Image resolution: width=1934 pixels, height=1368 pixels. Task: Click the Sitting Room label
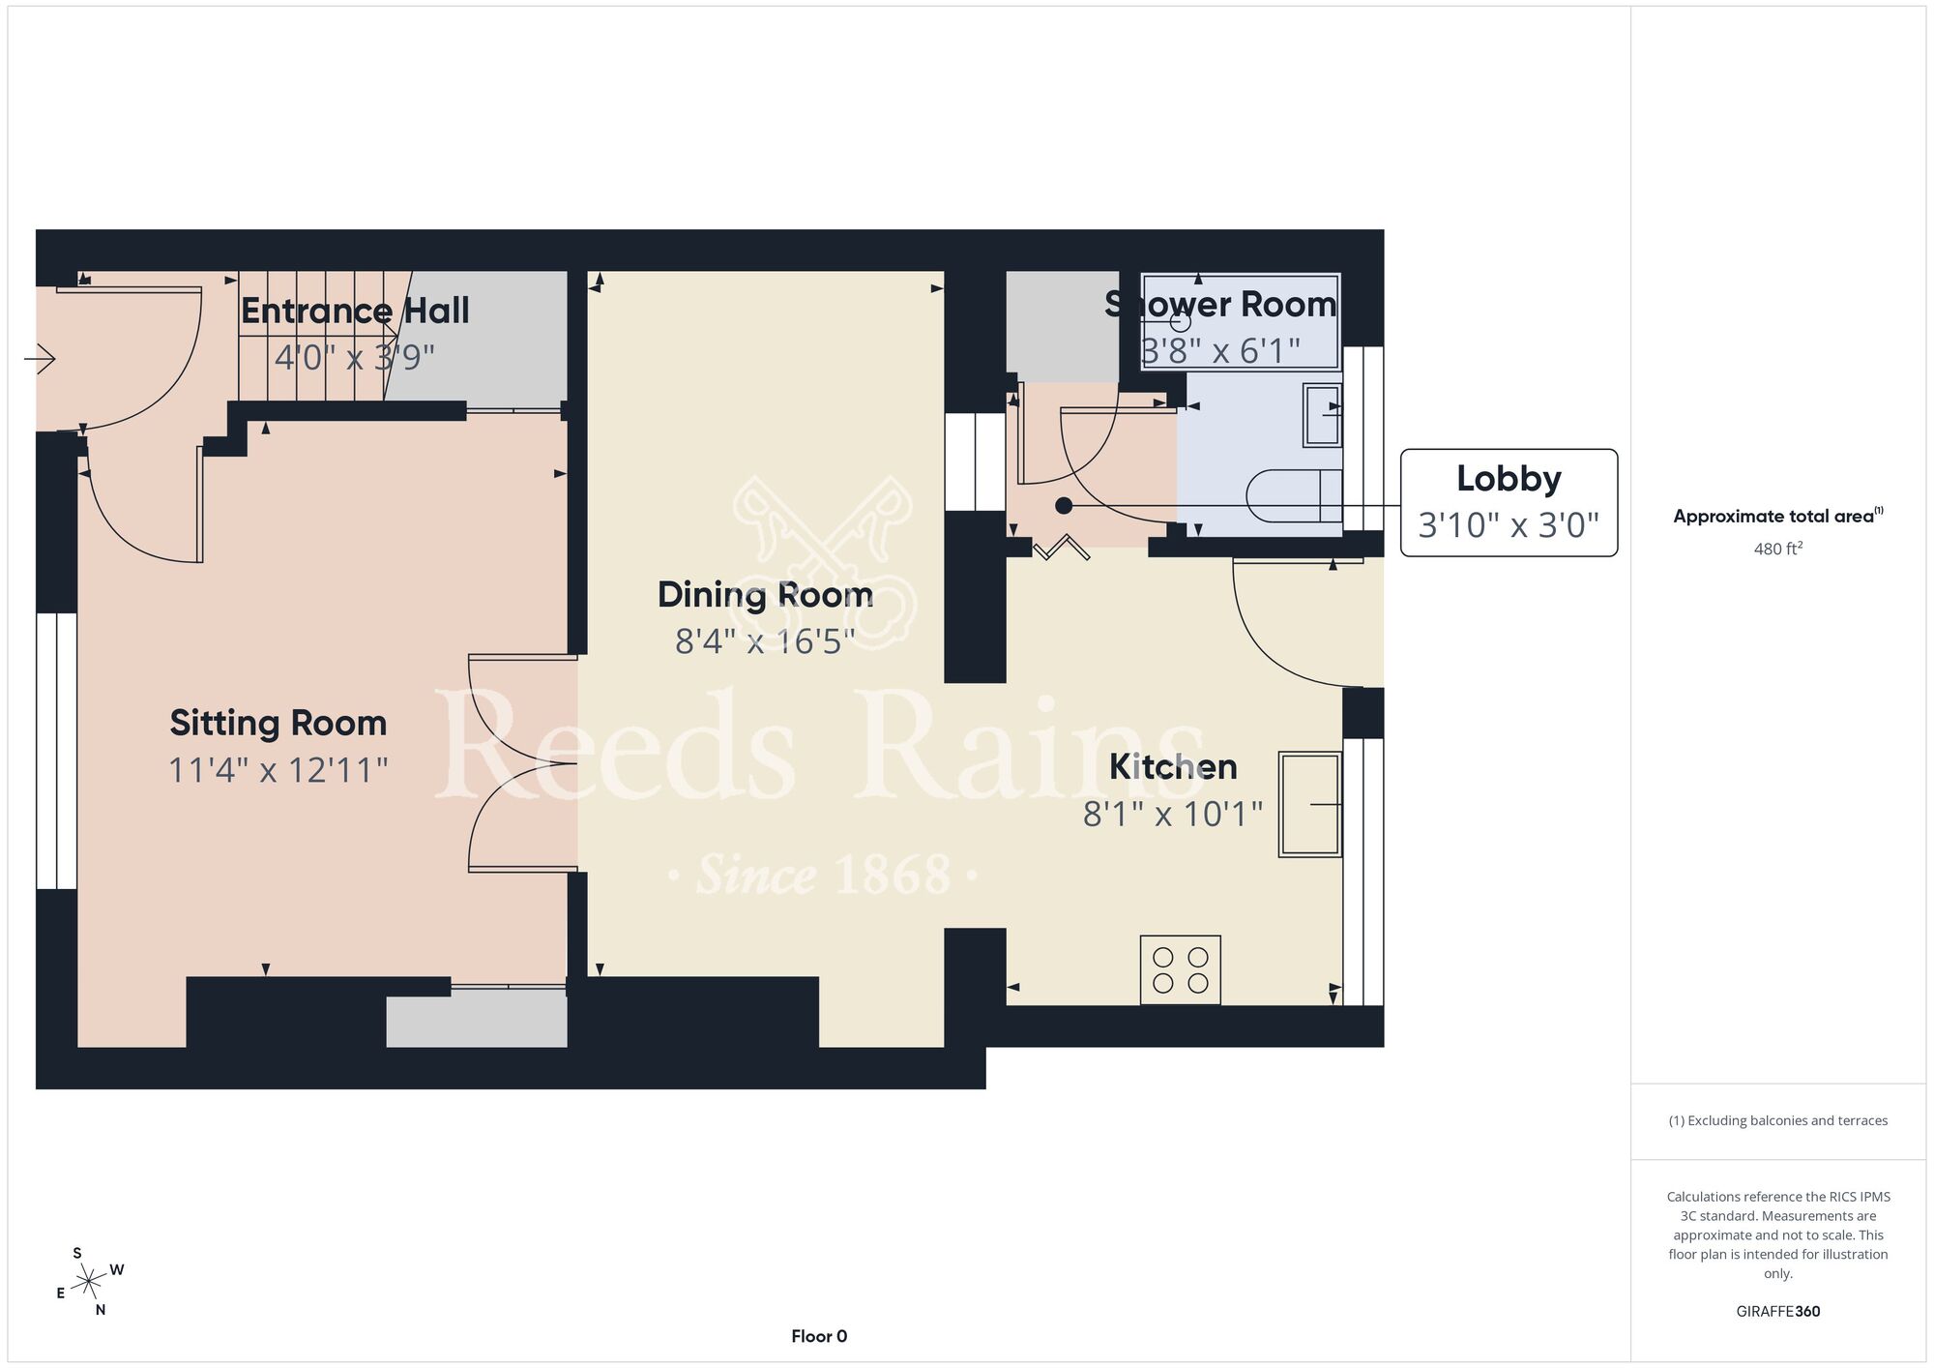point(278,723)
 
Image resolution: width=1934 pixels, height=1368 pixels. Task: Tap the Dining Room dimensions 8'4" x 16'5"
point(765,641)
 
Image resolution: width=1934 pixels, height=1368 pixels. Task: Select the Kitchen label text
point(1173,766)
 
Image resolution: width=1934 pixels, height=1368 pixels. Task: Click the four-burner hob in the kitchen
point(1181,969)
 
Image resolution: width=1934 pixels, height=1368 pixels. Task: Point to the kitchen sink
point(1310,804)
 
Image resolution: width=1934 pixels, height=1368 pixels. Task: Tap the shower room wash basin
point(1323,415)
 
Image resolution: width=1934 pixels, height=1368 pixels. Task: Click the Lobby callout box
point(1509,502)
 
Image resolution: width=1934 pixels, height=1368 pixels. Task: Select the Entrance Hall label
point(355,311)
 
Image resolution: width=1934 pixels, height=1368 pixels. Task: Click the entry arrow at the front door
point(40,360)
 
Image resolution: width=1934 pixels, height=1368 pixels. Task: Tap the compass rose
point(89,1282)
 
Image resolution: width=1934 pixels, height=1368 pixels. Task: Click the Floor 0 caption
point(819,1336)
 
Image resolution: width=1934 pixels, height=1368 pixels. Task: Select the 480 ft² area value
point(1778,549)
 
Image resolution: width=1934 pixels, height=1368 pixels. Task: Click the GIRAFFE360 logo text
point(1778,1312)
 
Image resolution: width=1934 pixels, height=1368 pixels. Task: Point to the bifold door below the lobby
point(1062,548)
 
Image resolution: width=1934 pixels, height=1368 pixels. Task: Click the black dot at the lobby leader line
point(1064,505)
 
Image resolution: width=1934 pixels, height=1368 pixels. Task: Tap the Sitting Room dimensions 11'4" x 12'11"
point(278,770)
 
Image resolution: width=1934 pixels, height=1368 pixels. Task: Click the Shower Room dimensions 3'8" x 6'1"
point(1221,350)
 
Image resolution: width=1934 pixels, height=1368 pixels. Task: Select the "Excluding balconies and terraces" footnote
point(1778,1120)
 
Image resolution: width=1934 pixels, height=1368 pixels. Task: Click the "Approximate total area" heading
point(1778,516)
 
